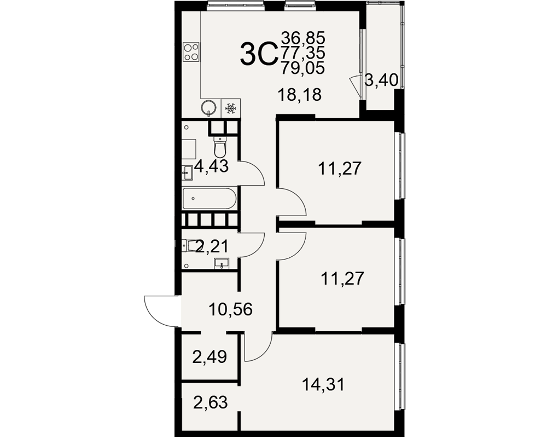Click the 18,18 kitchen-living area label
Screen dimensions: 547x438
pyautogui.click(x=299, y=95)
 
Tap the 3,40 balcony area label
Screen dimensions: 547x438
pyautogui.click(x=381, y=80)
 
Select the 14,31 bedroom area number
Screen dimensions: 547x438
pyautogui.click(x=323, y=384)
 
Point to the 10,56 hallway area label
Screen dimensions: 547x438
pyautogui.click(x=230, y=309)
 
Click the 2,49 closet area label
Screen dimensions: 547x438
pyautogui.click(x=210, y=357)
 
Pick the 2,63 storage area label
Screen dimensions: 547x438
pyautogui.click(x=211, y=402)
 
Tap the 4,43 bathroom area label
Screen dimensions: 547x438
pyautogui.click(x=211, y=166)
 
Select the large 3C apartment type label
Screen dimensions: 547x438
pyautogui.click(x=258, y=54)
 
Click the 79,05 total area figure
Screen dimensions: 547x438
pyautogui.click(x=303, y=68)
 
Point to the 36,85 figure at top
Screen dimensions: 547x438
pyautogui.click(x=303, y=37)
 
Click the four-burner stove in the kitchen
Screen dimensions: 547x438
pyautogui.click(x=191, y=52)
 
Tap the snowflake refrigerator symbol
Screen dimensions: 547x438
pyautogui.click(x=230, y=108)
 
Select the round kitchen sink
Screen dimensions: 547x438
pyautogui.click(x=209, y=107)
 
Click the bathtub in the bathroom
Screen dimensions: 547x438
pyautogui.click(x=210, y=199)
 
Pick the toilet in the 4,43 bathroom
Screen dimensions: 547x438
pyautogui.click(x=220, y=147)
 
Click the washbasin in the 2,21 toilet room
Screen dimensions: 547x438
pyautogui.click(x=222, y=263)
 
